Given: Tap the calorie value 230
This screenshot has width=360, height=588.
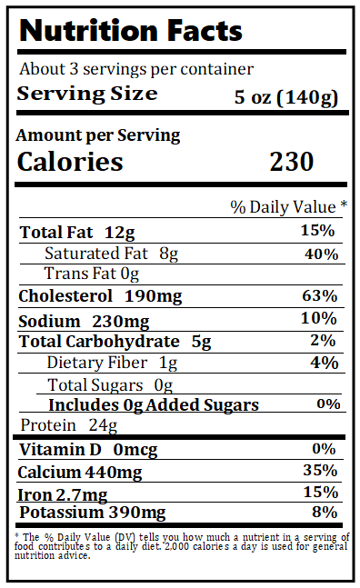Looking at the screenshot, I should [x=291, y=162].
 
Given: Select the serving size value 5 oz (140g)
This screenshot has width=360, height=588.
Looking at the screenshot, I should [x=286, y=95].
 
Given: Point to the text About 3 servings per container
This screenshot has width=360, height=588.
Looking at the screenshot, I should [x=136, y=69].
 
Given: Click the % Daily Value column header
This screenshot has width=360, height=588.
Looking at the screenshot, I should [x=288, y=207].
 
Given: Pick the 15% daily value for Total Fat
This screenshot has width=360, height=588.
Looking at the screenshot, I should [x=318, y=231].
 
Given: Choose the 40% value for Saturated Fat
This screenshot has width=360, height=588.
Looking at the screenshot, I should [x=321, y=254].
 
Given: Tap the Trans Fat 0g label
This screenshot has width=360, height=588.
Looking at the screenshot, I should [x=92, y=274].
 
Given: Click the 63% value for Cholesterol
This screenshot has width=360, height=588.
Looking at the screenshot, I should [x=319, y=296].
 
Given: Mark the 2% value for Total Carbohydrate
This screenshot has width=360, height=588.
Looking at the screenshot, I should [x=324, y=341].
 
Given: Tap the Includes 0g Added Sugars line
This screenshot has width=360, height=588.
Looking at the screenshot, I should [x=153, y=405].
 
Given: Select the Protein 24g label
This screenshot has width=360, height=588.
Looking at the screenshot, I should [x=69, y=425].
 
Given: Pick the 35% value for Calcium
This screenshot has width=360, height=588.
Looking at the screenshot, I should [x=320, y=470].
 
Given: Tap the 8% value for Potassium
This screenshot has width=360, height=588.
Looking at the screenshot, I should [x=324, y=512].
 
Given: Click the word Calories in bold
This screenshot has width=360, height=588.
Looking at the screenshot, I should [x=71, y=162].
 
